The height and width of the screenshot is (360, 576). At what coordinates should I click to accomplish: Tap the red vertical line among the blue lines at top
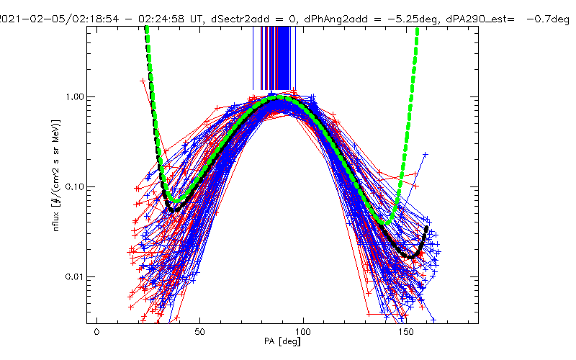tap(274, 58)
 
